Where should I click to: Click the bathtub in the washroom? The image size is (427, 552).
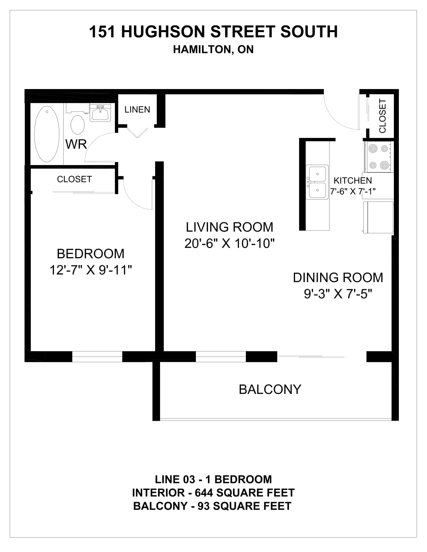47,134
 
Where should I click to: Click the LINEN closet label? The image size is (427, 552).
137,110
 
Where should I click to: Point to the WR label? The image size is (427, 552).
76,144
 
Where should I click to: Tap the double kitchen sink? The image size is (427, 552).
317,182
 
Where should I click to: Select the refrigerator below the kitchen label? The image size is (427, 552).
378,217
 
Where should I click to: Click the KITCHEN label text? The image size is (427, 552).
353,181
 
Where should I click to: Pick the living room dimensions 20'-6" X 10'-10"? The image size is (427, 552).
229,243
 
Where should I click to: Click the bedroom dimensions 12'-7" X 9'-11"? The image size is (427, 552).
91,270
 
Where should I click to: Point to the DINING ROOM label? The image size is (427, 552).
338,278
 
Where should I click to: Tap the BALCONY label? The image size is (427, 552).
270,389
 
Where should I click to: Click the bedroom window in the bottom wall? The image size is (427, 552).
97,357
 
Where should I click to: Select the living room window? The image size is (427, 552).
220,357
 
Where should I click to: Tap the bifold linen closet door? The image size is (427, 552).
137,133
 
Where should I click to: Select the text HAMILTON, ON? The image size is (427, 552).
213,50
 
